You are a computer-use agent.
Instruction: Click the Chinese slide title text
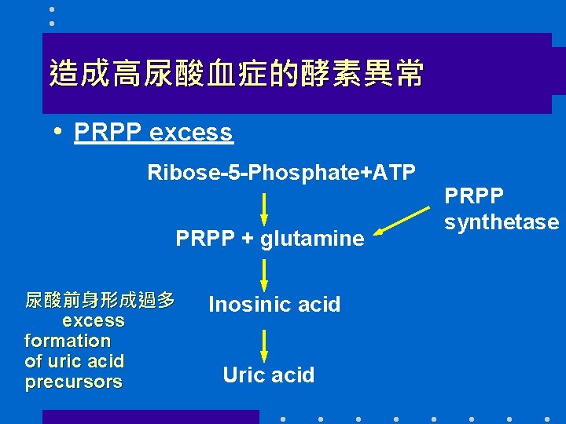(236, 74)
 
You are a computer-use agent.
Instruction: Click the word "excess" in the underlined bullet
(190, 133)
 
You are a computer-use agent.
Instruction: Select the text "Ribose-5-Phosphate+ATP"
(281, 173)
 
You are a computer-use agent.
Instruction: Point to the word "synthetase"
(501, 222)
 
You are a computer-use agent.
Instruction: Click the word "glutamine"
(312, 238)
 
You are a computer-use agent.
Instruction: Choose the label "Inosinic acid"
(274, 305)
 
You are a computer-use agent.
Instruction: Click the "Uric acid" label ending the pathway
(268, 375)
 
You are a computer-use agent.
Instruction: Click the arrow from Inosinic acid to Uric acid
(264, 345)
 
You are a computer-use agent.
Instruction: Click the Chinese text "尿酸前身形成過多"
(100, 300)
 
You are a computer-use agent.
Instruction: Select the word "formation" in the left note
(68, 341)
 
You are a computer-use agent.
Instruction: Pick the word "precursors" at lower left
(74, 382)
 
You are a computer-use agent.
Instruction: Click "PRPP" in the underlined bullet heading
(108, 133)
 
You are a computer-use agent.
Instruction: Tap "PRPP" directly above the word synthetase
(474, 195)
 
